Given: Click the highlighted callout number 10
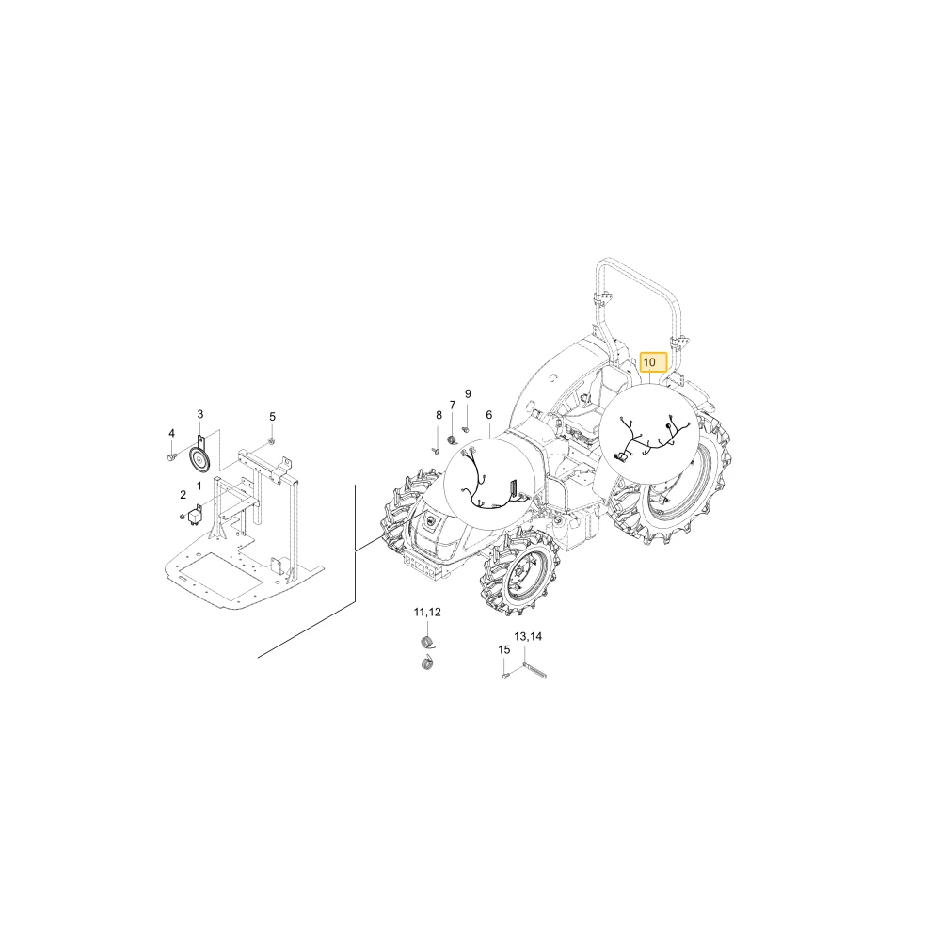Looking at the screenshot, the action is click(649, 362).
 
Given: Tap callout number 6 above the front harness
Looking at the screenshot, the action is click(489, 415).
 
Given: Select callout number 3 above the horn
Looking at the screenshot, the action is click(200, 414).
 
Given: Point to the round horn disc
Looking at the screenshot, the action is click(198, 460).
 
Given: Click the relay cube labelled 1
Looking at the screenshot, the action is click(195, 516).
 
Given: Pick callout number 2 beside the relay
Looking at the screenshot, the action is click(183, 495).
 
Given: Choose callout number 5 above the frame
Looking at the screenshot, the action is click(273, 417).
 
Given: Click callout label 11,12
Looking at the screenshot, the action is click(427, 613).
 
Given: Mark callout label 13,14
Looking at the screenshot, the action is click(528, 636).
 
